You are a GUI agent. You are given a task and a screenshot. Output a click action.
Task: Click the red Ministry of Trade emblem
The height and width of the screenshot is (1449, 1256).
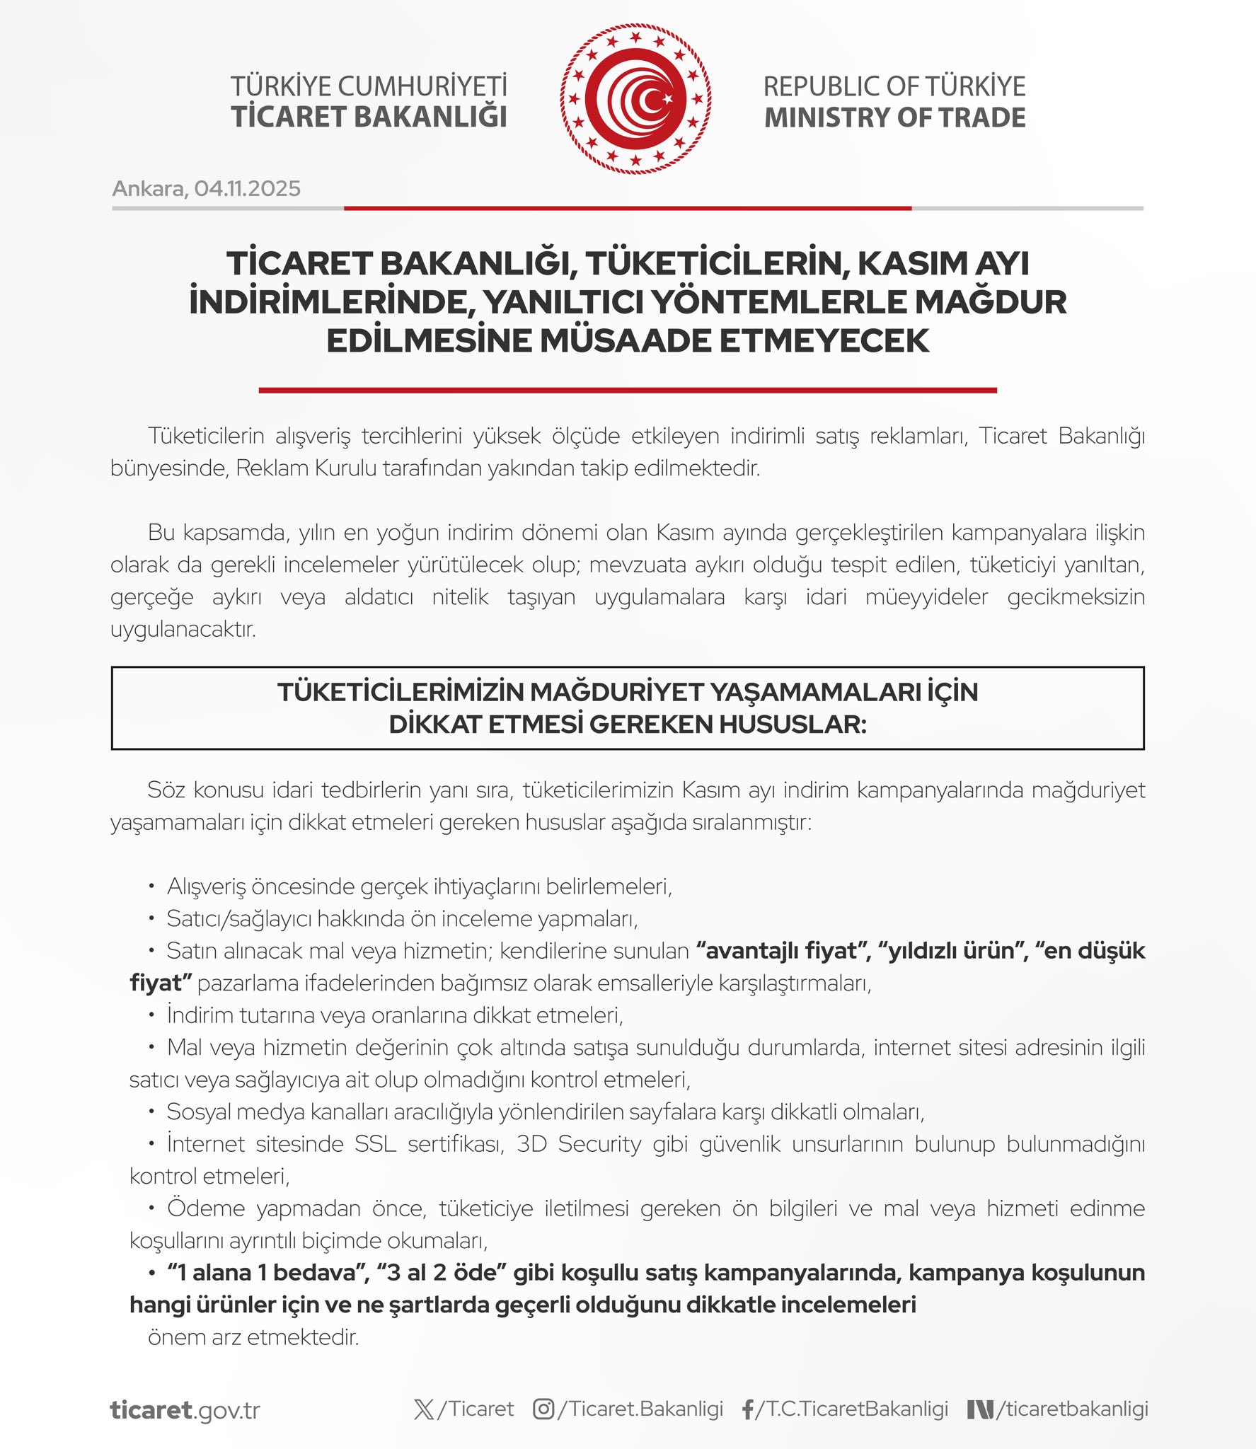tap(635, 98)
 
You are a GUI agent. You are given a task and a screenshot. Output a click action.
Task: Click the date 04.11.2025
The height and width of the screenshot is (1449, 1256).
tap(247, 188)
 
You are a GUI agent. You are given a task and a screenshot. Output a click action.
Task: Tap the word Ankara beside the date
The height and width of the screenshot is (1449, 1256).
tap(149, 188)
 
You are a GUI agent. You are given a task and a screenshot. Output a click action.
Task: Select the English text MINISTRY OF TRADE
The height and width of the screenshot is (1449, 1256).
tap(894, 117)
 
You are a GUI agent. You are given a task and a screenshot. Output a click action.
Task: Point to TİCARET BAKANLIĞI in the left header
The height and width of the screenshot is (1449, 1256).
tap(369, 117)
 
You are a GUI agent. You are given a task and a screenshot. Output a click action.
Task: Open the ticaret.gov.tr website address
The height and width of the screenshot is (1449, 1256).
tap(185, 1410)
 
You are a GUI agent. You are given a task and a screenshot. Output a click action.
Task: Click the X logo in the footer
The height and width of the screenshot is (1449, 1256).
tap(424, 1409)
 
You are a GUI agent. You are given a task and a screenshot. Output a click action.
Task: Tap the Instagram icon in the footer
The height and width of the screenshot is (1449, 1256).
tap(543, 1409)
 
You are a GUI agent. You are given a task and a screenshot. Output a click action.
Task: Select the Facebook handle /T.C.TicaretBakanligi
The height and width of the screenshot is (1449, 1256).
tap(852, 1409)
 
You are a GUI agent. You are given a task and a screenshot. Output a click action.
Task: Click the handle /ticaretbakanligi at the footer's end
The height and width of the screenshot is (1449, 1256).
tap(1071, 1409)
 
